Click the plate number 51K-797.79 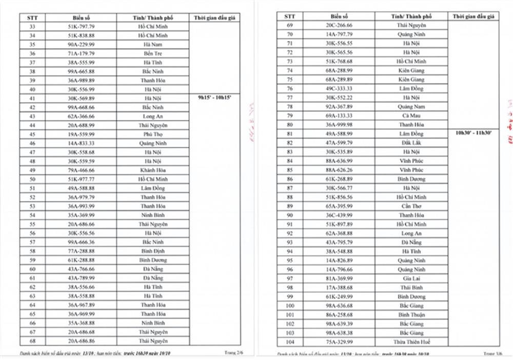pyautogui.click(x=81, y=26)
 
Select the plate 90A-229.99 pyautogui.click(x=81, y=44)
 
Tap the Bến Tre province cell pyautogui.click(x=153, y=53)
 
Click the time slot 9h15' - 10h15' pyautogui.click(x=214, y=97)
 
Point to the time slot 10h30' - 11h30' pyautogui.click(x=473, y=133)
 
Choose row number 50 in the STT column pyautogui.click(x=33, y=179)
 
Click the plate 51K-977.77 pyautogui.click(x=81, y=179)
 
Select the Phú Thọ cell pyautogui.click(x=153, y=134)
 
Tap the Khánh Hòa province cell pyautogui.click(x=153, y=170)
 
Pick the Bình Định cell pyautogui.click(x=153, y=251)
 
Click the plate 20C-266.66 pyautogui.click(x=339, y=25)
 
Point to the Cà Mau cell pyautogui.click(x=411, y=115)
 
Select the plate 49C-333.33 pyautogui.click(x=339, y=88)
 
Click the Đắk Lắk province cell pyautogui.click(x=411, y=143)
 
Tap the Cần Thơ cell pyautogui.click(x=411, y=206)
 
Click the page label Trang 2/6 pyautogui.click(x=234, y=353)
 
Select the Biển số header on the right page pyautogui.click(x=339, y=16)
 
